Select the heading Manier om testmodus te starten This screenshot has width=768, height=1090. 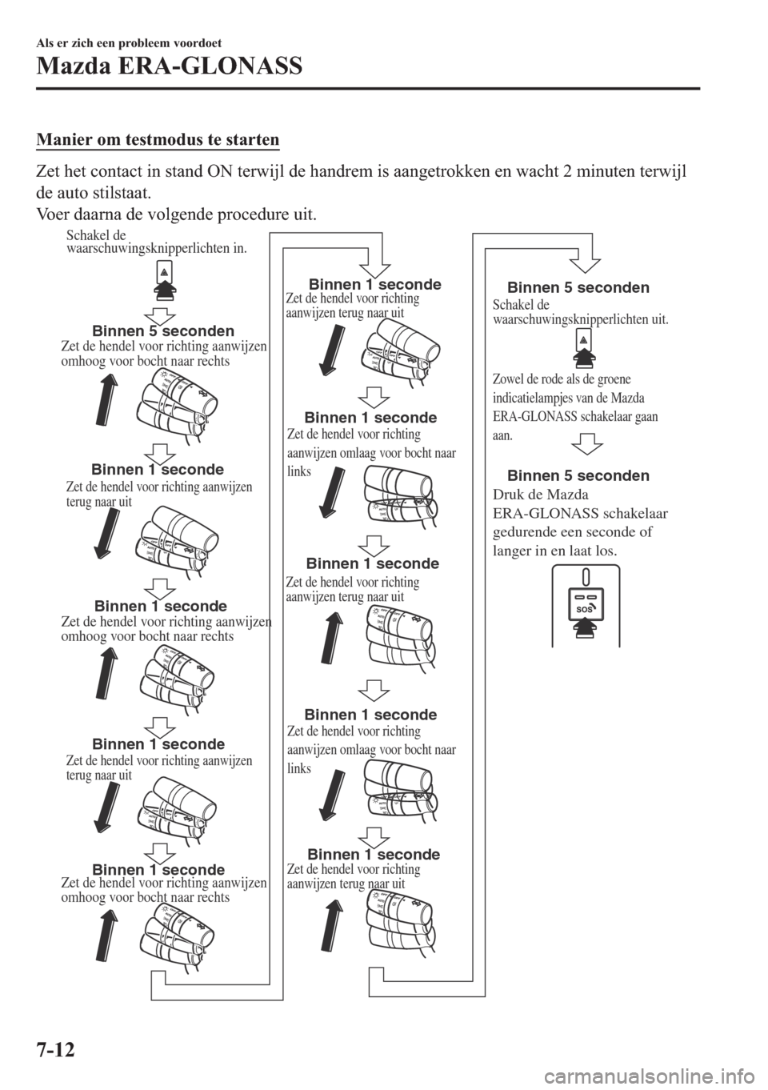157,140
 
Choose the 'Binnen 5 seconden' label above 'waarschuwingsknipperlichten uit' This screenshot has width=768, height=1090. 578,287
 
